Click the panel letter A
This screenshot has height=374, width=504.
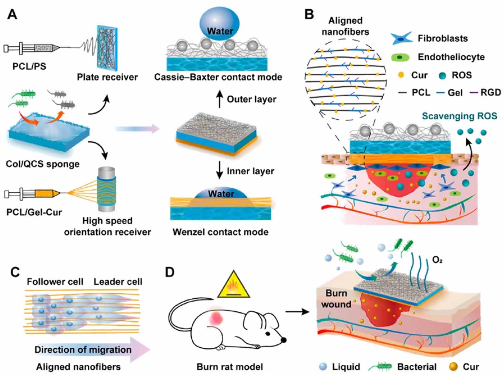tap(12, 14)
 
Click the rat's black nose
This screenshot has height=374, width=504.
tap(283, 340)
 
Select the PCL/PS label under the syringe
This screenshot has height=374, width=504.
tap(29, 67)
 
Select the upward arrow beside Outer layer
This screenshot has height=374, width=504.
tap(219, 99)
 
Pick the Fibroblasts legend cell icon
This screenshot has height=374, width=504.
tap(401, 38)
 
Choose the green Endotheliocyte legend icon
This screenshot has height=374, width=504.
tap(400, 57)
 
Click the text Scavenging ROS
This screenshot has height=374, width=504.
tap(459, 116)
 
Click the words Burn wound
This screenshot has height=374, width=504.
tap(336, 299)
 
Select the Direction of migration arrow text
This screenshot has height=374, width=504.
tap(83, 350)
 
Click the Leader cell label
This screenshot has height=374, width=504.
tap(118, 282)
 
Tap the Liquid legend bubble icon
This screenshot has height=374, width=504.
tap(323, 366)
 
